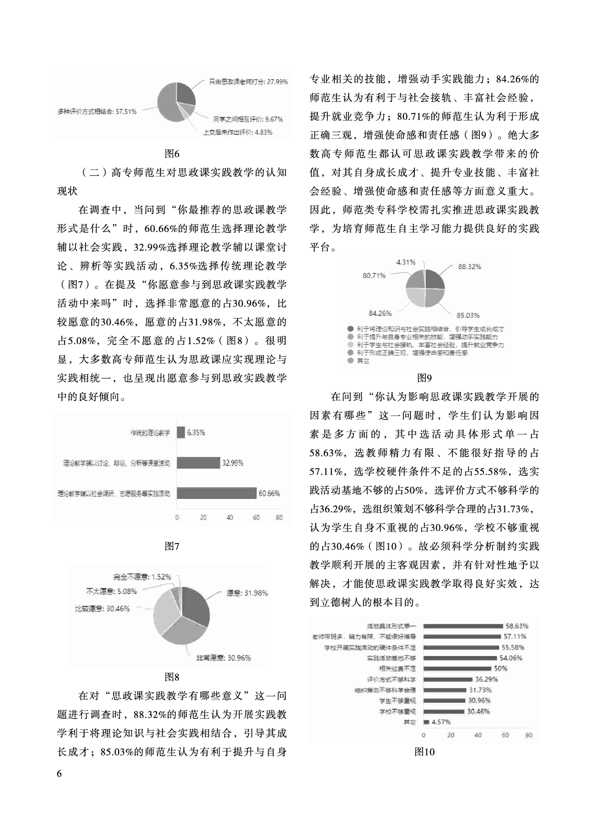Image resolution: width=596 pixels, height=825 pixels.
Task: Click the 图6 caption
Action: click(172, 153)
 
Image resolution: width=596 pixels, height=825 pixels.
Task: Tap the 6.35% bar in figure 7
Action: click(181, 432)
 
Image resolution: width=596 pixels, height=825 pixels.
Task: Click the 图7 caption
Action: click(172, 546)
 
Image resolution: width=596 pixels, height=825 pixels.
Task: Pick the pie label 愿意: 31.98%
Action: click(247, 593)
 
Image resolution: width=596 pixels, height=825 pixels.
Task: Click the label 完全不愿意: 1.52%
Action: click(142, 576)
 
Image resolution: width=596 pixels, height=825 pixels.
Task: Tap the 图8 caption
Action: click(172, 677)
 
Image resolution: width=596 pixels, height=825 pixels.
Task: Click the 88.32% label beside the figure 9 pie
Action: click(469, 267)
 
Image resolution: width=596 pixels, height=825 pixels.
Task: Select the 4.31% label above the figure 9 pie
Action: click(406, 262)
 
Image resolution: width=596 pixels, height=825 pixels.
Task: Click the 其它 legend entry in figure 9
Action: click(363, 360)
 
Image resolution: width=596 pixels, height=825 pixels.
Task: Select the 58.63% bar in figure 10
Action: click(463, 625)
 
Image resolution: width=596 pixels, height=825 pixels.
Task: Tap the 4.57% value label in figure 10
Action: click(441, 722)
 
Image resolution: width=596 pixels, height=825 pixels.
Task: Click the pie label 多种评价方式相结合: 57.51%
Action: click(97, 111)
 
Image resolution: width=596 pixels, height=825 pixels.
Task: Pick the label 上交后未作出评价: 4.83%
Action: click(238, 132)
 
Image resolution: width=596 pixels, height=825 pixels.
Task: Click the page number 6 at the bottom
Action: click(60, 774)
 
